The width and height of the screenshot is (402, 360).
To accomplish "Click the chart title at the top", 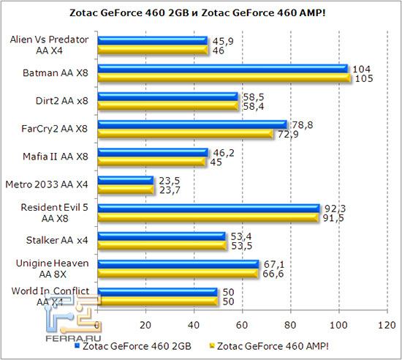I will coord(200,12).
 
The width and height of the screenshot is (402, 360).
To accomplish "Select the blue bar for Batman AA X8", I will coord(222,68).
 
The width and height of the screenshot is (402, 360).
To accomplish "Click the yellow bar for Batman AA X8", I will coord(224,78).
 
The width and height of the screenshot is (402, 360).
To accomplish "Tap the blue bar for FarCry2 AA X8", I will coord(192,124).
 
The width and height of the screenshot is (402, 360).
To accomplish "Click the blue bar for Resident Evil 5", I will coord(208,209).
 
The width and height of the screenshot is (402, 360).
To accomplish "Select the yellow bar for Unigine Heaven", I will coord(178,274).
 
